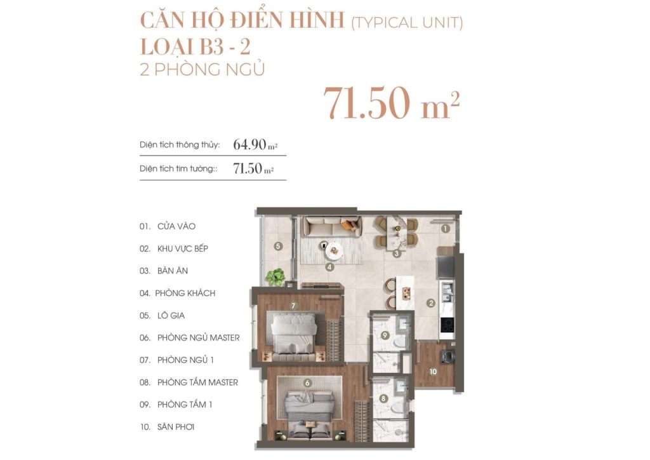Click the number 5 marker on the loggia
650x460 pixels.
pyautogui.click(x=277, y=245)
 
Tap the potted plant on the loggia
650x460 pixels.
pyautogui.click(x=276, y=277)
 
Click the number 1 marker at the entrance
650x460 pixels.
pyautogui.click(x=446, y=228)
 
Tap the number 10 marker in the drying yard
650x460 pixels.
pyautogui.click(x=433, y=371)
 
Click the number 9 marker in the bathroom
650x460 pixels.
pyautogui.click(x=385, y=334)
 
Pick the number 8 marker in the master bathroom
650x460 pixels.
pyautogui.click(x=383, y=399)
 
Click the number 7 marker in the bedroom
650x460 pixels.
pyautogui.click(x=293, y=306)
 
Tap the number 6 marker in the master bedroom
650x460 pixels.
pyautogui.click(x=307, y=382)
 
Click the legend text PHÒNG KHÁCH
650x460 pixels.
pyautogui.click(x=186, y=293)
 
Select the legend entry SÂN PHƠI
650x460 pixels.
pyautogui.click(x=176, y=427)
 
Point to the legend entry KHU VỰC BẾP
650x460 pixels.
pyautogui.click(x=183, y=248)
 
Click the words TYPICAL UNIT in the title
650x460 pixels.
pyautogui.click(x=407, y=24)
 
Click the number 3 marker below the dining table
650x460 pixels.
pyautogui.click(x=395, y=254)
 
